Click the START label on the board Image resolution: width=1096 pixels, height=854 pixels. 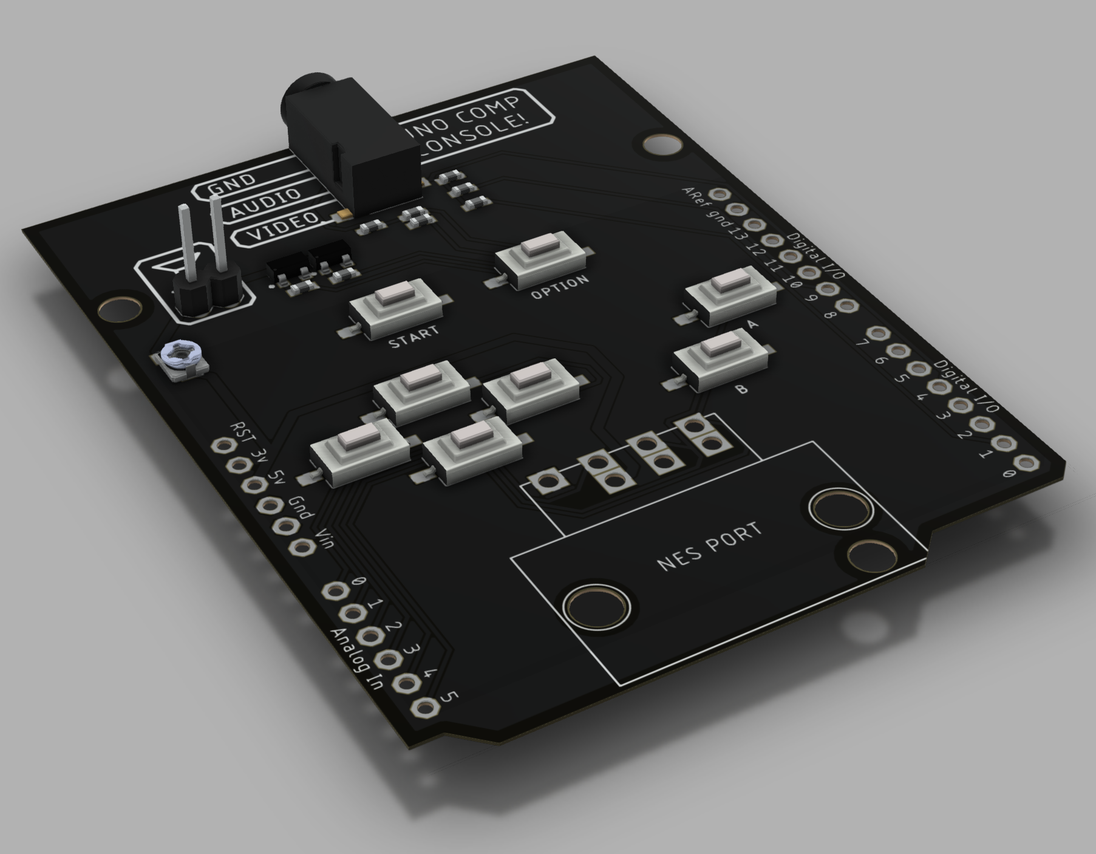(414, 337)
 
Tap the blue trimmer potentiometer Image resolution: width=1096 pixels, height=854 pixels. (180, 360)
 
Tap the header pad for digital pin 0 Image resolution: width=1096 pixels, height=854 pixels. (1026, 463)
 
